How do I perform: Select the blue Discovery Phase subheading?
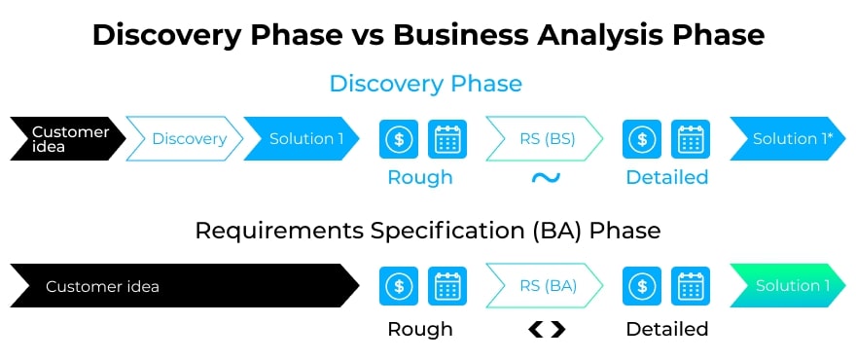coord(426,84)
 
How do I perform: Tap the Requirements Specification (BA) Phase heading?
coord(427,231)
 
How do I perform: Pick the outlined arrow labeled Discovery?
coord(185,139)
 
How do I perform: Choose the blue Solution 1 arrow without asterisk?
coord(302,139)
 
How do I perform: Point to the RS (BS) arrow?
coord(545,139)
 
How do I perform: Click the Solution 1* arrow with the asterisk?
coord(788,139)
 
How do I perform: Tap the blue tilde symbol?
coord(546,177)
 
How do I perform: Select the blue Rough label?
coord(420,177)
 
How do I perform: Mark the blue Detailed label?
coord(667,177)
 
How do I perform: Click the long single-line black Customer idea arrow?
coord(185,286)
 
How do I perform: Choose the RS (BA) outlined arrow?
coord(545,286)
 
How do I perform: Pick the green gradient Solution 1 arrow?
coord(788,286)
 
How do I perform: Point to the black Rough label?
coord(420,330)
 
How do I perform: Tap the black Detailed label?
coord(667,330)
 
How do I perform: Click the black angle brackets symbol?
coord(547,330)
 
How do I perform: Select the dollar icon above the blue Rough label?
coord(399,139)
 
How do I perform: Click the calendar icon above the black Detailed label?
coord(691,286)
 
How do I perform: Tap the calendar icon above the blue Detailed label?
coord(691,139)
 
